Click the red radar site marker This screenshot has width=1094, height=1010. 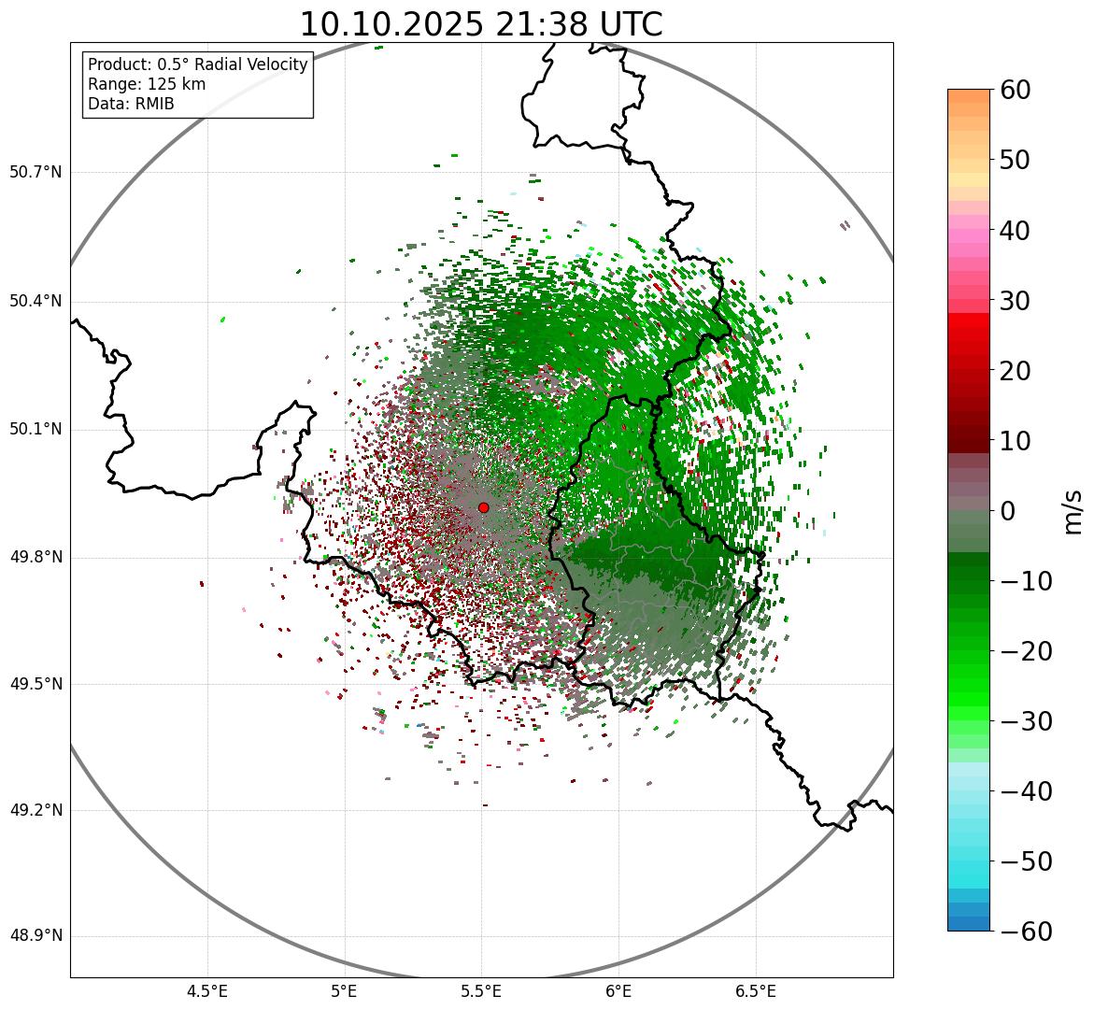tap(483, 507)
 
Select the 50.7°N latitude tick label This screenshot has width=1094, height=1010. tap(36, 172)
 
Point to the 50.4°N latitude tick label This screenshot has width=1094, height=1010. tap(36, 301)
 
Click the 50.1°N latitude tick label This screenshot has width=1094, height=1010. tap(36, 430)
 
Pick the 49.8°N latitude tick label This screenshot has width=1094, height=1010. tap(36, 558)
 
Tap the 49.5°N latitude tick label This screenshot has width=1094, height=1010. tap(36, 684)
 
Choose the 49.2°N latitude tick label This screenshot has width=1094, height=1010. tap(36, 810)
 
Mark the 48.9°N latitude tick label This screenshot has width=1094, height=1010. tap(36, 936)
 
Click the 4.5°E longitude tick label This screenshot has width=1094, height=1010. tap(207, 991)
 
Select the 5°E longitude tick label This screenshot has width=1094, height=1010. tap(345, 991)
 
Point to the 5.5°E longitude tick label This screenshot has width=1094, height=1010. tap(481, 991)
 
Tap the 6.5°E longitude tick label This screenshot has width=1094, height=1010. tap(755, 991)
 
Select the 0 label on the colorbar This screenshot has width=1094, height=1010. tap(1008, 511)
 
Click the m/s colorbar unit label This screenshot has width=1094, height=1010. tap(1073, 511)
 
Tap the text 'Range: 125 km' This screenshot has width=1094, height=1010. tap(147, 84)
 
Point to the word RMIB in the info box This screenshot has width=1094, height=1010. tap(155, 104)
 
